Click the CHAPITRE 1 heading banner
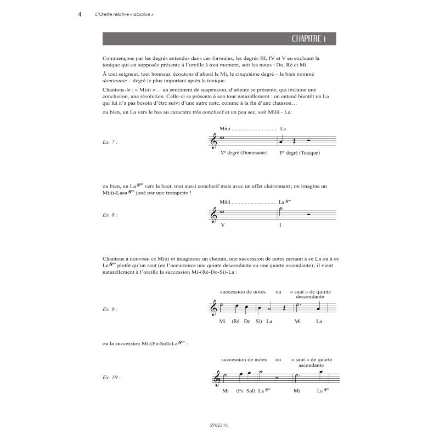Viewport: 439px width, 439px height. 219,38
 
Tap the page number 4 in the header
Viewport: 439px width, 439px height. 81,15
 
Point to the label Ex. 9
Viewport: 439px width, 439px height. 110,309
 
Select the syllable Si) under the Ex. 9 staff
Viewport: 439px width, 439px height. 259,322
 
